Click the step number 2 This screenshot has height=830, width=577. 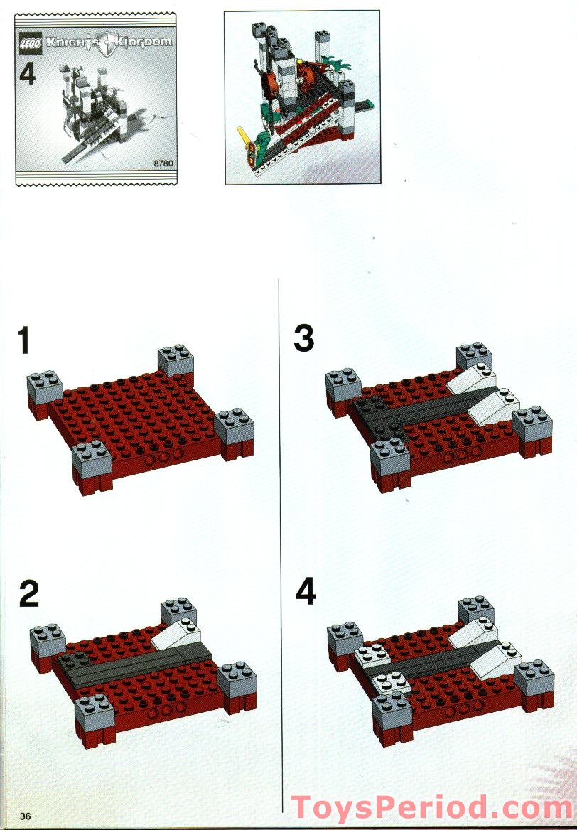pos(28,594)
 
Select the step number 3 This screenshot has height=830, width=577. pos(304,338)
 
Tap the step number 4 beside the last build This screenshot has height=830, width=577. pos(306,592)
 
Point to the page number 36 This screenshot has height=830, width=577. pos(28,814)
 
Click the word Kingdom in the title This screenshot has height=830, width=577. pos(145,43)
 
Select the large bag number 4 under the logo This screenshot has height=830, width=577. pos(28,75)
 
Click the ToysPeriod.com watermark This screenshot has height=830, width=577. pos(432,808)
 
